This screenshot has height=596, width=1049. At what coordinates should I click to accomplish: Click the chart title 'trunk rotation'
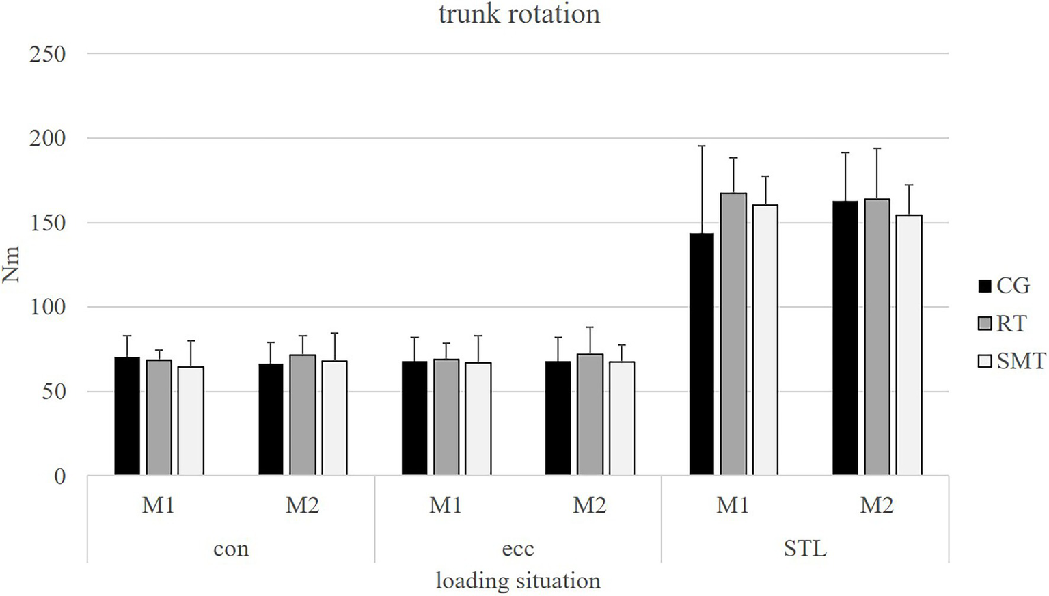(x=519, y=14)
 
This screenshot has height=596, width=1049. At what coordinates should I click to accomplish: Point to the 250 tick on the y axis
(x=47, y=54)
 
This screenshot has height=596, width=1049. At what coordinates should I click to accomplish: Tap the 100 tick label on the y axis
(x=47, y=307)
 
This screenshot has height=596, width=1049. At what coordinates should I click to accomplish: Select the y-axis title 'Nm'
(x=12, y=265)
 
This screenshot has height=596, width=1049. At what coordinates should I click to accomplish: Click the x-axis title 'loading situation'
(x=518, y=581)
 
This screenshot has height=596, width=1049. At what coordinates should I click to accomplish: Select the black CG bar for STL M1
(x=701, y=355)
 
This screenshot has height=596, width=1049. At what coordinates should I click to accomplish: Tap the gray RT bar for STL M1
(x=733, y=334)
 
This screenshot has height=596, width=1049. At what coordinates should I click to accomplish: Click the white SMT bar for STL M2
(x=909, y=345)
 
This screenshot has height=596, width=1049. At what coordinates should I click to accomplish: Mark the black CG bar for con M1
(x=127, y=416)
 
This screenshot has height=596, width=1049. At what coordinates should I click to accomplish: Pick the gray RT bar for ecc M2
(x=590, y=415)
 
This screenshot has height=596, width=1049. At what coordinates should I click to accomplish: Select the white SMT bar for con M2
(x=334, y=418)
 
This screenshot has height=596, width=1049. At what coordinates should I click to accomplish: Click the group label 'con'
(x=231, y=549)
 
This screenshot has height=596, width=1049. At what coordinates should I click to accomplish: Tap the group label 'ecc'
(x=518, y=549)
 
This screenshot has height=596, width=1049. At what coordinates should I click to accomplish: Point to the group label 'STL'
(x=805, y=549)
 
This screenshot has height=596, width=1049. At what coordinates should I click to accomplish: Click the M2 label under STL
(x=877, y=506)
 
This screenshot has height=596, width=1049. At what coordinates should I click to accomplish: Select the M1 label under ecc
(x=446, y=506)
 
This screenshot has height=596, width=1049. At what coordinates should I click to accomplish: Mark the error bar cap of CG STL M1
(x=701, y=146)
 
